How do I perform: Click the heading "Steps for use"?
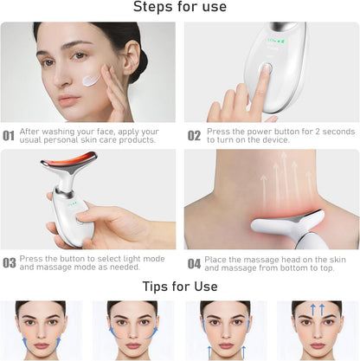tap(180, 8)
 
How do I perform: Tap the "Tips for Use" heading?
tap(180, 286)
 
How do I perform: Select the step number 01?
tap(9, 136)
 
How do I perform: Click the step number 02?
tap(194, 136)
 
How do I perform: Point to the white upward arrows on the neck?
tap(286, 177)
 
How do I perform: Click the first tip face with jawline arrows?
tap(41, 331)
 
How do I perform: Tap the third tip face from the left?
tap(222, 331)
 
